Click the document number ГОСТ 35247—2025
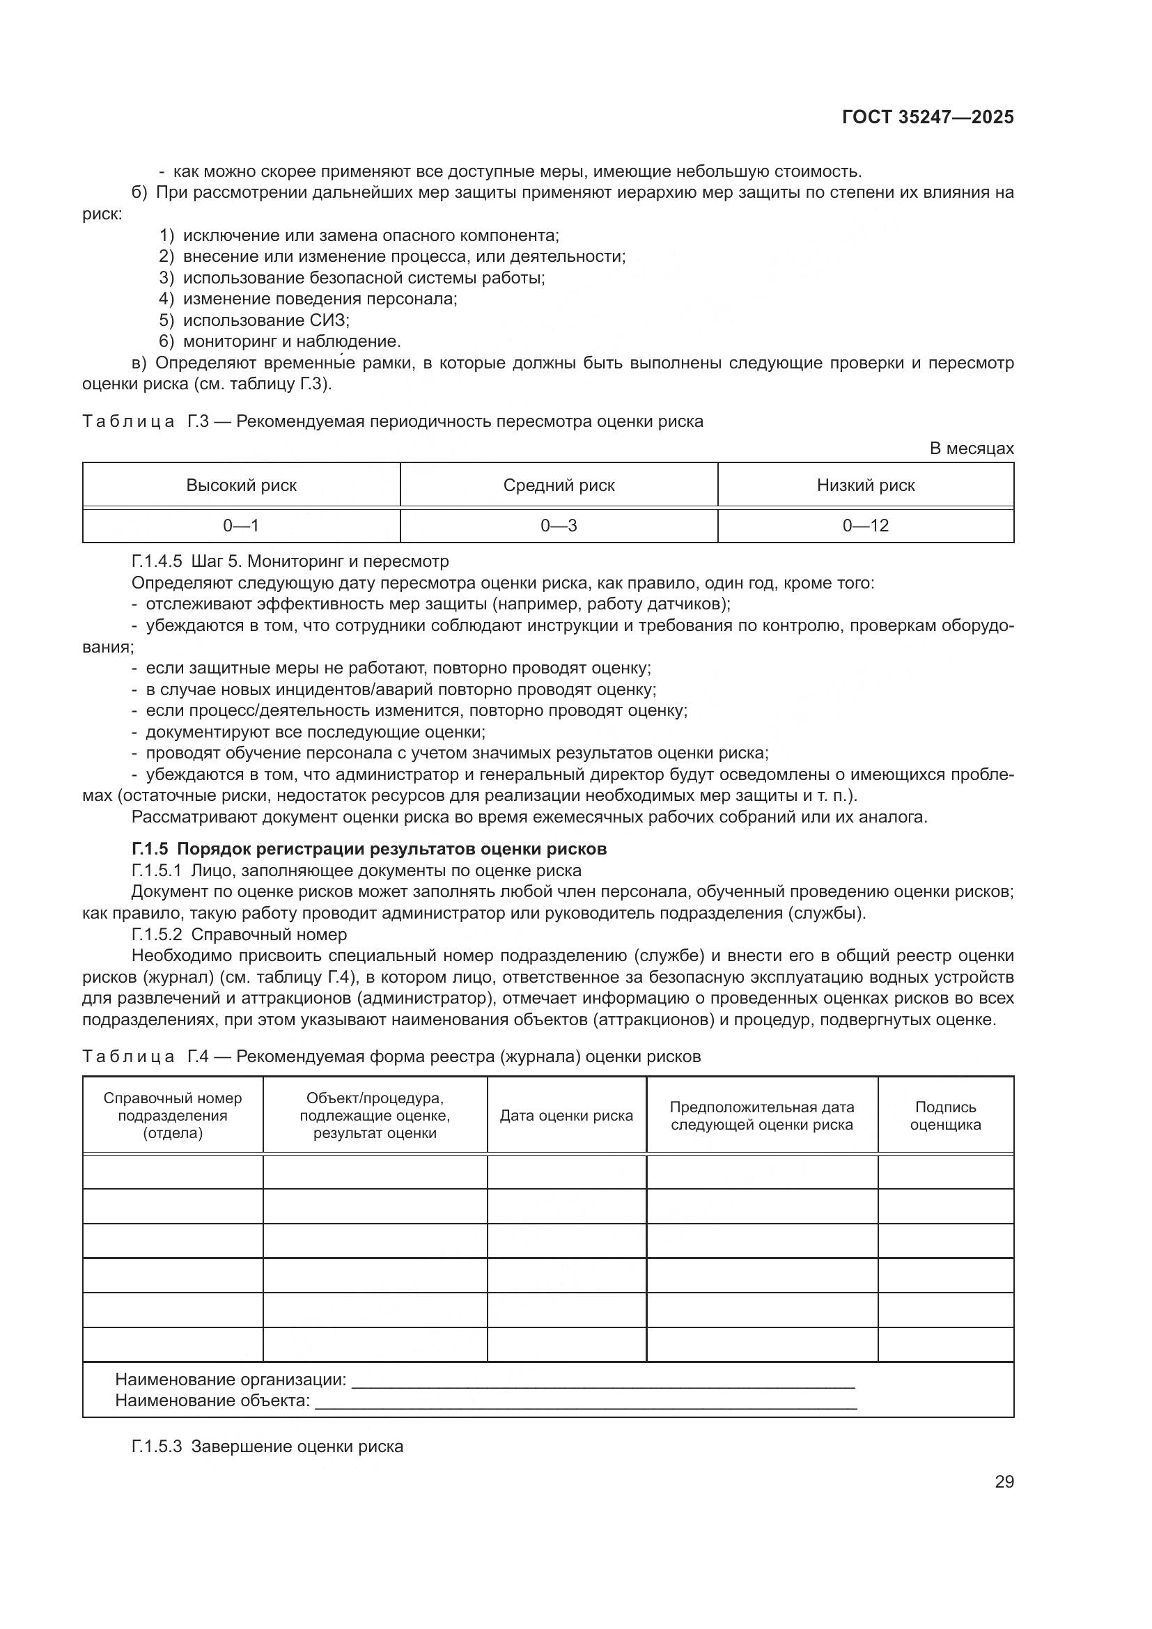click(927, 118)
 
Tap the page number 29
click(1004, 1481)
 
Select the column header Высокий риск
click(241, 485)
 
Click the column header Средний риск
click(559, 485)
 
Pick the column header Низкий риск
click(866, 485)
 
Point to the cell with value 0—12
click(866, 526)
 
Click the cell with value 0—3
click(559, 526)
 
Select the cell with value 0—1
click(241, 526)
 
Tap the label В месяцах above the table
click(971, 449)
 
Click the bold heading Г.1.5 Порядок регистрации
click(369, 848)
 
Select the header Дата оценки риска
click(566, 1115)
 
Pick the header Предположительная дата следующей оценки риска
click(762, 1115)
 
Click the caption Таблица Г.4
click(391, 1057)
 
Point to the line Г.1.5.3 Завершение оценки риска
click(267, 1446)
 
